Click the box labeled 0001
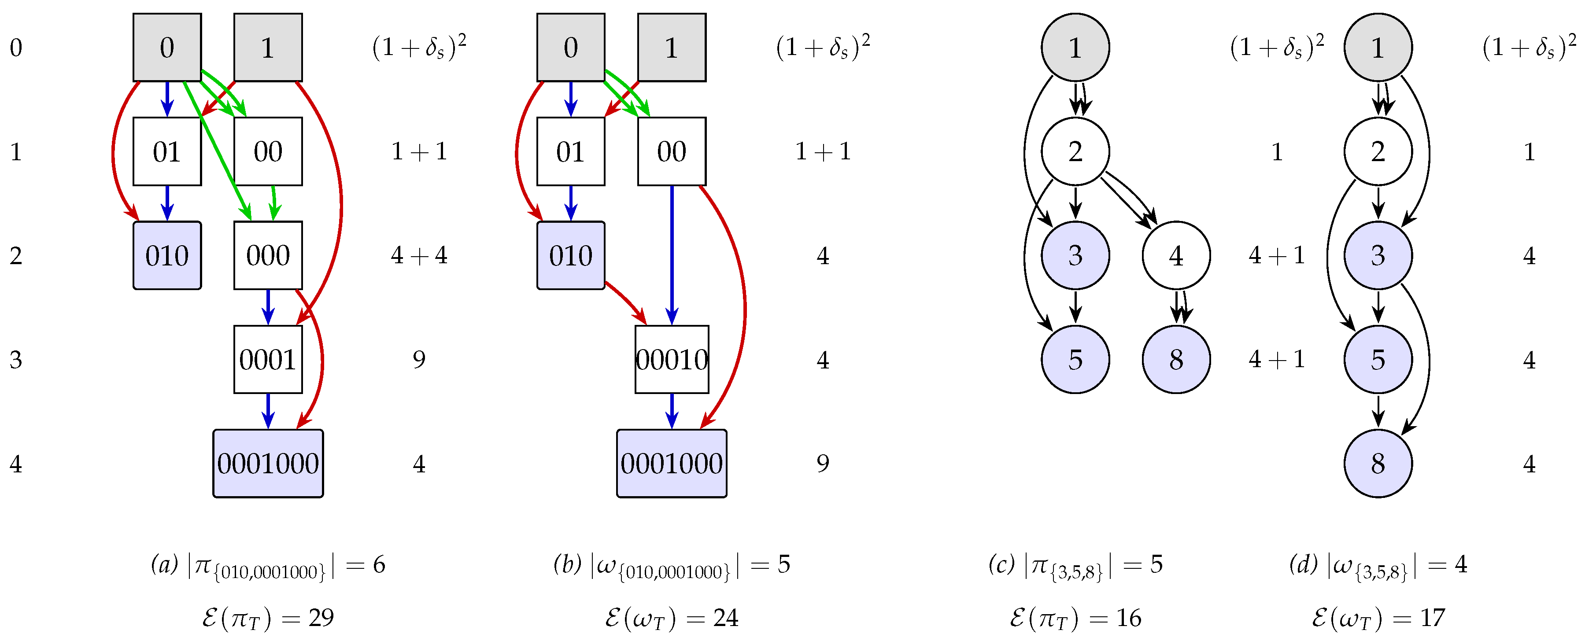[268, 359]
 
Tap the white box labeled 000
[268, 255]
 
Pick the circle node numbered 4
[1176, 255]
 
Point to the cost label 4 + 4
[419, 255]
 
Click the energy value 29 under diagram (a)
[321, 618]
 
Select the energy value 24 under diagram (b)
[725, 618]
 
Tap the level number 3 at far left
[16, 359]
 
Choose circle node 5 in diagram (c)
[1075, 359]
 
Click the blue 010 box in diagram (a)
[167, 255]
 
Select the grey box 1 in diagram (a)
[268, 48]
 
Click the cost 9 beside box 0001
[419, 359]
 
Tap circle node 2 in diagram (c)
[1075, 151]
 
